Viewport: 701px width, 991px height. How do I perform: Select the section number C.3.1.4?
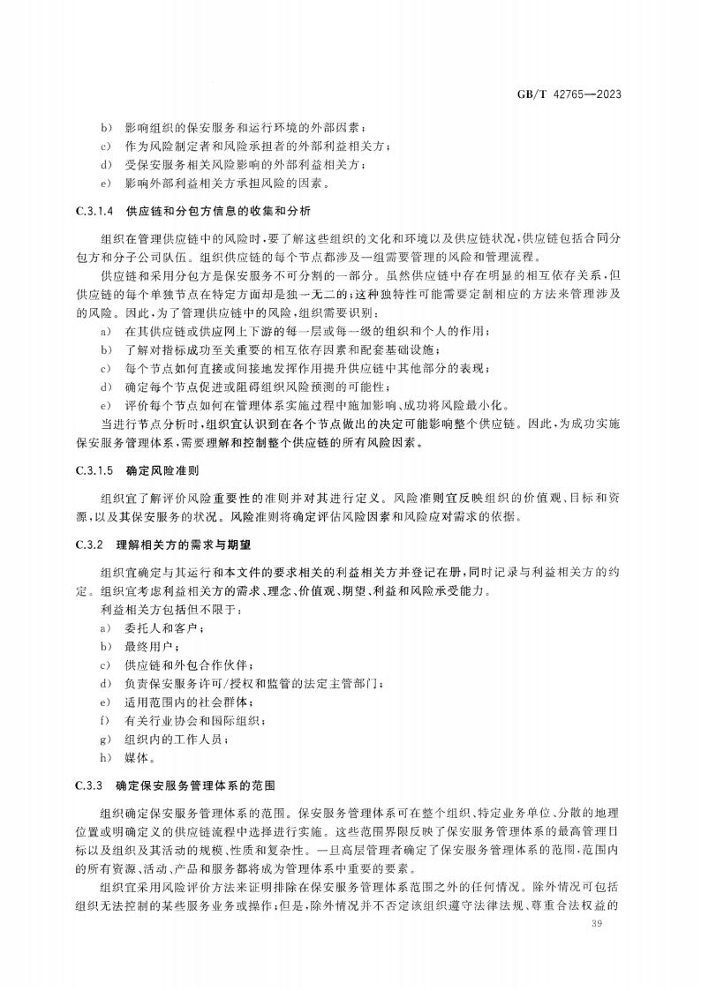point(88,212)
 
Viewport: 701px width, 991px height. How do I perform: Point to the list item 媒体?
point(141,758)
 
